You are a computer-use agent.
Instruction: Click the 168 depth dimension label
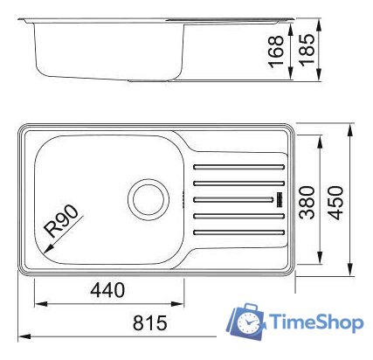point(277,52)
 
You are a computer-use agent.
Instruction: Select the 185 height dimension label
point(305,52)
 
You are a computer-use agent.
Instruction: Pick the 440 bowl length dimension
point(107,290)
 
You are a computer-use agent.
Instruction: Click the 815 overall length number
point(149,322)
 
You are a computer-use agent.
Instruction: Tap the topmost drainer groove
point(238,166)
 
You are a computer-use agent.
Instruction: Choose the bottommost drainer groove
point(238,232)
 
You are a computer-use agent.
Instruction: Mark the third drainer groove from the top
point(238,199)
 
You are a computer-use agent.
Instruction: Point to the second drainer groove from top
point(238,183)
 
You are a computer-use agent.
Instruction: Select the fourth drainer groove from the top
point(238,216)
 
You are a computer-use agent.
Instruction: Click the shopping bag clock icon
point(248,322)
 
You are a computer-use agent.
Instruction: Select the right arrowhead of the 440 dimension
point(181,304)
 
